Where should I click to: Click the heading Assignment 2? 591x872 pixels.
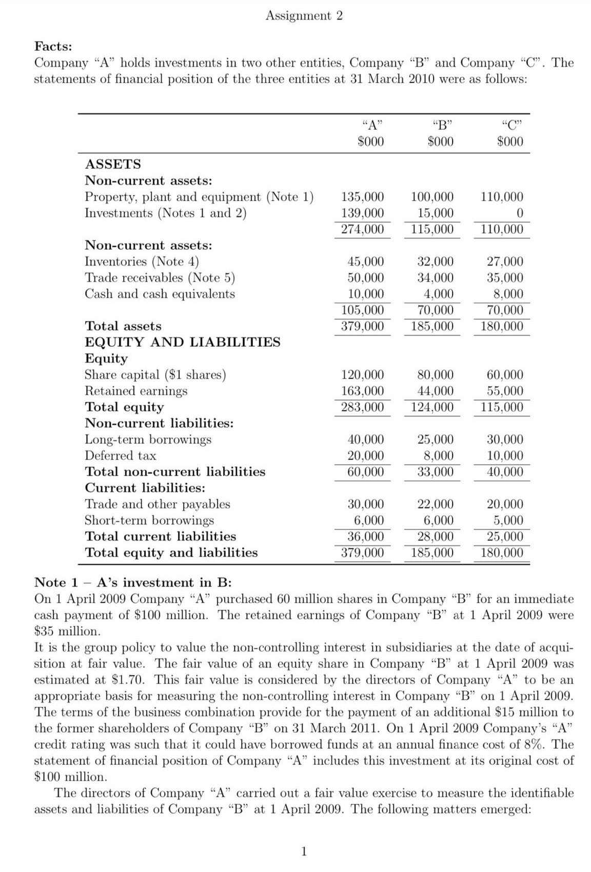[x=304, y=16]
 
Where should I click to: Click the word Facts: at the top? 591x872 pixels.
[x=53, y=46]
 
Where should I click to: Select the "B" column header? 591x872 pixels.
[x=440, y=125]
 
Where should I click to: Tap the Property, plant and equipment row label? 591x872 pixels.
[x=199, y=197]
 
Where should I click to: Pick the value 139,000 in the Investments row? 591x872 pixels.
[x=362, y=213]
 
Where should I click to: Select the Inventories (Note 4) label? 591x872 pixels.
[x=142, y=262]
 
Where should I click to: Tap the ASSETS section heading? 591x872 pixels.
[x=112, y=164]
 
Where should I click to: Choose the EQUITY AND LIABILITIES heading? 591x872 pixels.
[x=182, y=342]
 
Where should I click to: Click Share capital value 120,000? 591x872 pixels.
[x=362, y=374]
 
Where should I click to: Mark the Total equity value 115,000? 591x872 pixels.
[x=502, y=407]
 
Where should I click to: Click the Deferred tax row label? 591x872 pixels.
[x=120, y=455]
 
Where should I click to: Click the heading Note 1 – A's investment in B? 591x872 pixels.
[x=133, y=582]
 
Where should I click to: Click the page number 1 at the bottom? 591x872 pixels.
[x=303, y=852]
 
